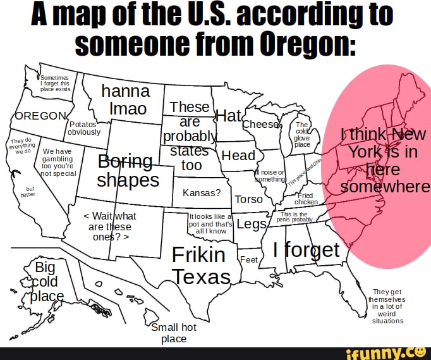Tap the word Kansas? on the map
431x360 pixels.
click(x=201, y=192)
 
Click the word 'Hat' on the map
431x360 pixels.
click(x=229, y=116)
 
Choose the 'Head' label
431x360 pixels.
click(x=239, y=156)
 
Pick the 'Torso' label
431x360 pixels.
click(x=248, y=199)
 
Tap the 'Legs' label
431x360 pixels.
click(x=251, y=225)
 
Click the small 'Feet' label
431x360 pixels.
click(x=249, y=259)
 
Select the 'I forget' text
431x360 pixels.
click(x=307, y=250)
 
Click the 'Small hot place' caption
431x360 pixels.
click(x=174, y=333)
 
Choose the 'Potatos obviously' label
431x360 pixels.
click(x=83, y=128)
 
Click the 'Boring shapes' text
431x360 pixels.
click(x=127, y=170)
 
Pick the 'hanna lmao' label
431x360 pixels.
click(x=126, y=99)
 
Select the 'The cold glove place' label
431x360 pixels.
click(x=302, y=135)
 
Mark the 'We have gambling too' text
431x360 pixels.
click(x=59, y=162)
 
